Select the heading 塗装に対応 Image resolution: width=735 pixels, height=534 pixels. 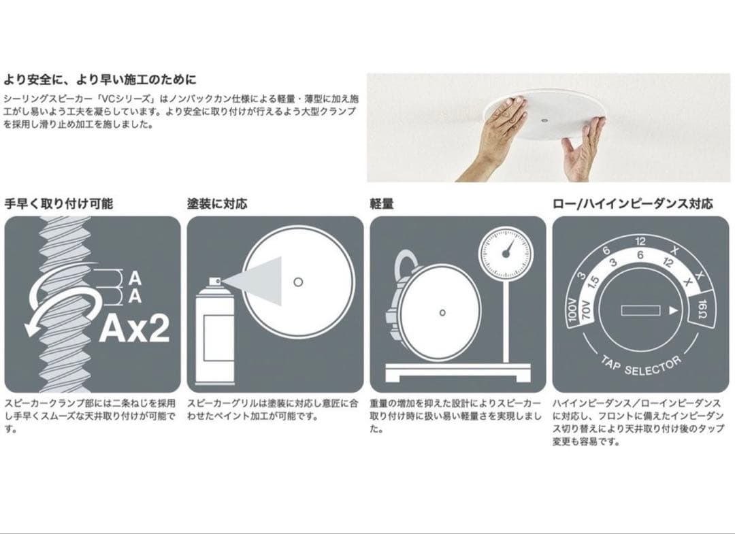tap(217, 203)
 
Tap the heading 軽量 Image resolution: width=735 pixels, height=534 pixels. tap(381, 203)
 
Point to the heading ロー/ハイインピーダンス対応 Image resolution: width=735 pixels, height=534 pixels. tap(632, 203)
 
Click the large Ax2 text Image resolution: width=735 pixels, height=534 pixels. tap(134, 329)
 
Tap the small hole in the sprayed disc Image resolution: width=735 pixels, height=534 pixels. tap(297, 281)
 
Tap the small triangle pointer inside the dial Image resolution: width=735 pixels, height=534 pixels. tap(673, 310)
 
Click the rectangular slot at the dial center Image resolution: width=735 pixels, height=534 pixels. tap(640, 310)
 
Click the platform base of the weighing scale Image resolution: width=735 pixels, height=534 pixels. tap(457, 373)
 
